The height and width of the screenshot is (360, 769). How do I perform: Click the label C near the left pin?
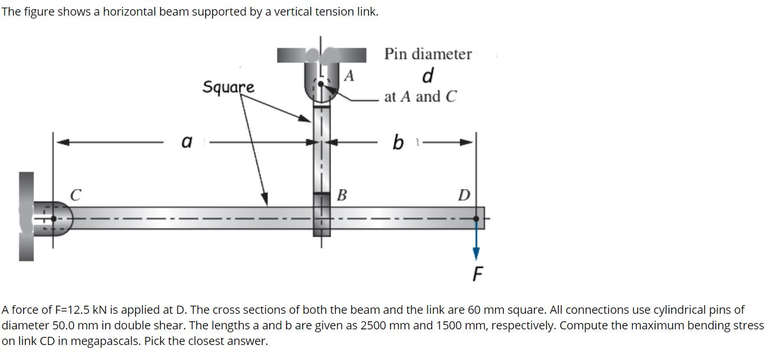pyautogui.click(x=75, y=195)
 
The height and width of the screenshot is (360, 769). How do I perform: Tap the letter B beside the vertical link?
pyautogui.click(x=341, y=195)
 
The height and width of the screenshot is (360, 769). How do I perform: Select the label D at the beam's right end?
pyautogui.click(x=463, y=195)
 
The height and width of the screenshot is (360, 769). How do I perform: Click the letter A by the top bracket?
pyautogui.click(x=349, y=76)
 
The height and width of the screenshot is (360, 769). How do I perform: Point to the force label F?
pyautogui.click(x=477, y=273)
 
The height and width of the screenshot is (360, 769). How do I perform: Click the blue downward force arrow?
pyautogui.click(x=476, y=243)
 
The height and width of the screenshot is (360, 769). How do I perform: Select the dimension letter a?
pyautogui.click(x=187, y=142)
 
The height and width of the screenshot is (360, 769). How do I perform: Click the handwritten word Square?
pyautogui.click(x=228, y=87)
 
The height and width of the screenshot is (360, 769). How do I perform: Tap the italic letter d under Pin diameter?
pyautogui.click(x=428, y=75)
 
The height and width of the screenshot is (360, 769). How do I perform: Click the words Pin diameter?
pyautogui.click(x=428, y=54)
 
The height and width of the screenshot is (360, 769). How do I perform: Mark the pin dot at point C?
pyautogui.click(x=54, y=218)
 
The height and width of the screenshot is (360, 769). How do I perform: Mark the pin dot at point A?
pyautogui.click(x=321, y=84)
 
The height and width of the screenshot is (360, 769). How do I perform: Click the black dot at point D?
pyautogui.click(x=476, y=218)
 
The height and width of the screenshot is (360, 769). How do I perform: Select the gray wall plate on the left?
pyautogui.click(x=26, y=217)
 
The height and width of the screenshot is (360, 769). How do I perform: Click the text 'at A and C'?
pyautogui.click(x=420, y=97)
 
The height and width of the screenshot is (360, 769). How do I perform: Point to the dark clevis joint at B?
pyautogui.click(x=322, y=214)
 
